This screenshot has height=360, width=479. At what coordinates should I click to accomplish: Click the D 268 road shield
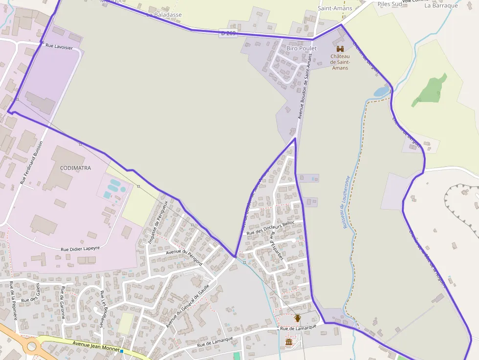[x=228, y=33]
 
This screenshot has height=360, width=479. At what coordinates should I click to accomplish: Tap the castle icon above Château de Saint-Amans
[x=340, y=48]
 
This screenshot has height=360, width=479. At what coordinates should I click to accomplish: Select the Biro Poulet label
[x=302, y=48]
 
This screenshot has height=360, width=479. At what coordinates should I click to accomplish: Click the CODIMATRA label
[x=75, y=168]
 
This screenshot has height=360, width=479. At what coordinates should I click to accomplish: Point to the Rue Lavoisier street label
[x=59, y=47]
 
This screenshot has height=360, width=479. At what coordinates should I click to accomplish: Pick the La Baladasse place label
[x=164, y=15]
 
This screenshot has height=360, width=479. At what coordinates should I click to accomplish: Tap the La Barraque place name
[x=441, y=6]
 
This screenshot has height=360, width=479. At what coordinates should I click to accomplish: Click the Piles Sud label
[x=390, y=4]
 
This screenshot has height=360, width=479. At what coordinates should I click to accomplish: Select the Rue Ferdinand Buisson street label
[x=32, y=163]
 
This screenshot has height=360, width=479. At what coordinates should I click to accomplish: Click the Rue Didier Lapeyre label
[x=80, y=249]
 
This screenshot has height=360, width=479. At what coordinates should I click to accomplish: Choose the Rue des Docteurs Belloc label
[x=271, y=228]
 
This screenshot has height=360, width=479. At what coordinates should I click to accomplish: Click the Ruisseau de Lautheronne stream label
[x=346, y=202]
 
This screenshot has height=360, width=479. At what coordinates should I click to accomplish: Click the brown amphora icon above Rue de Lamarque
[x=297, y=318]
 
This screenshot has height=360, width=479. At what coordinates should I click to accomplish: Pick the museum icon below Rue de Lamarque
[x=289, y=342]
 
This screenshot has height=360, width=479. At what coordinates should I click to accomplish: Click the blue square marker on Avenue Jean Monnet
[x=121, y=351]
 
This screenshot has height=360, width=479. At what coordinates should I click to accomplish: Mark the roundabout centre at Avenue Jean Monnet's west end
[x=32, y=347]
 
